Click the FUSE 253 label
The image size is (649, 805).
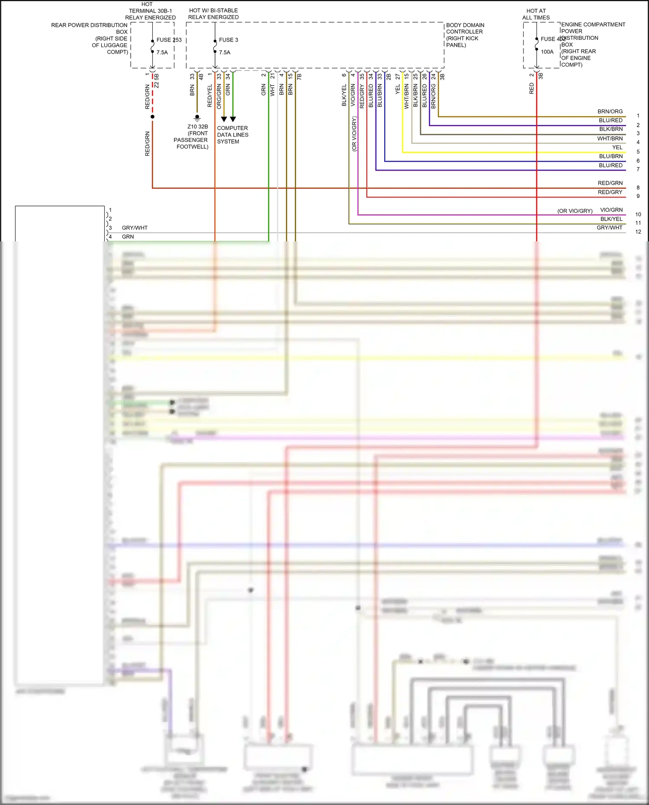(169, 40)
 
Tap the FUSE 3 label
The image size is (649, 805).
(228, 40)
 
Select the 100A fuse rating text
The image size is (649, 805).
(547, 52)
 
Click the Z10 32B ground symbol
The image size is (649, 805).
(197, 117)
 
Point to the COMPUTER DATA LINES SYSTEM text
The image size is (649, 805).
(232, 135)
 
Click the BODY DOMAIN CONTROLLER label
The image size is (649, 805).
(465, 35)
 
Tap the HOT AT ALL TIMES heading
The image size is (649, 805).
(536, 14)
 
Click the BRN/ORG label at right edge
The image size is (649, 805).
(610, 112)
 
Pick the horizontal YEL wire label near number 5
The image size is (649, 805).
(617, 148)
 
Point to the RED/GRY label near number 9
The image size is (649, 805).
(610, 192)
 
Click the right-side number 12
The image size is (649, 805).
(638, 232)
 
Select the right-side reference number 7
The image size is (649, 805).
(638, 169)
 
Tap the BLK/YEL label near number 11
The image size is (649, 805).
(611, 219)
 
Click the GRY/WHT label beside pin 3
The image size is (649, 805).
(135, 228)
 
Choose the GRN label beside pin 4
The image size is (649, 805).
(128, 237)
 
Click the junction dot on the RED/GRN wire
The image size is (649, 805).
(152, 117)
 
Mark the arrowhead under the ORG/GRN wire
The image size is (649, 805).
(224, 119)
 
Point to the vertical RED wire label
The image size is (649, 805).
(532, 89)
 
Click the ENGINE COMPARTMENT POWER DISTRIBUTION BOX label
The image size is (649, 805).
(593, 45)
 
